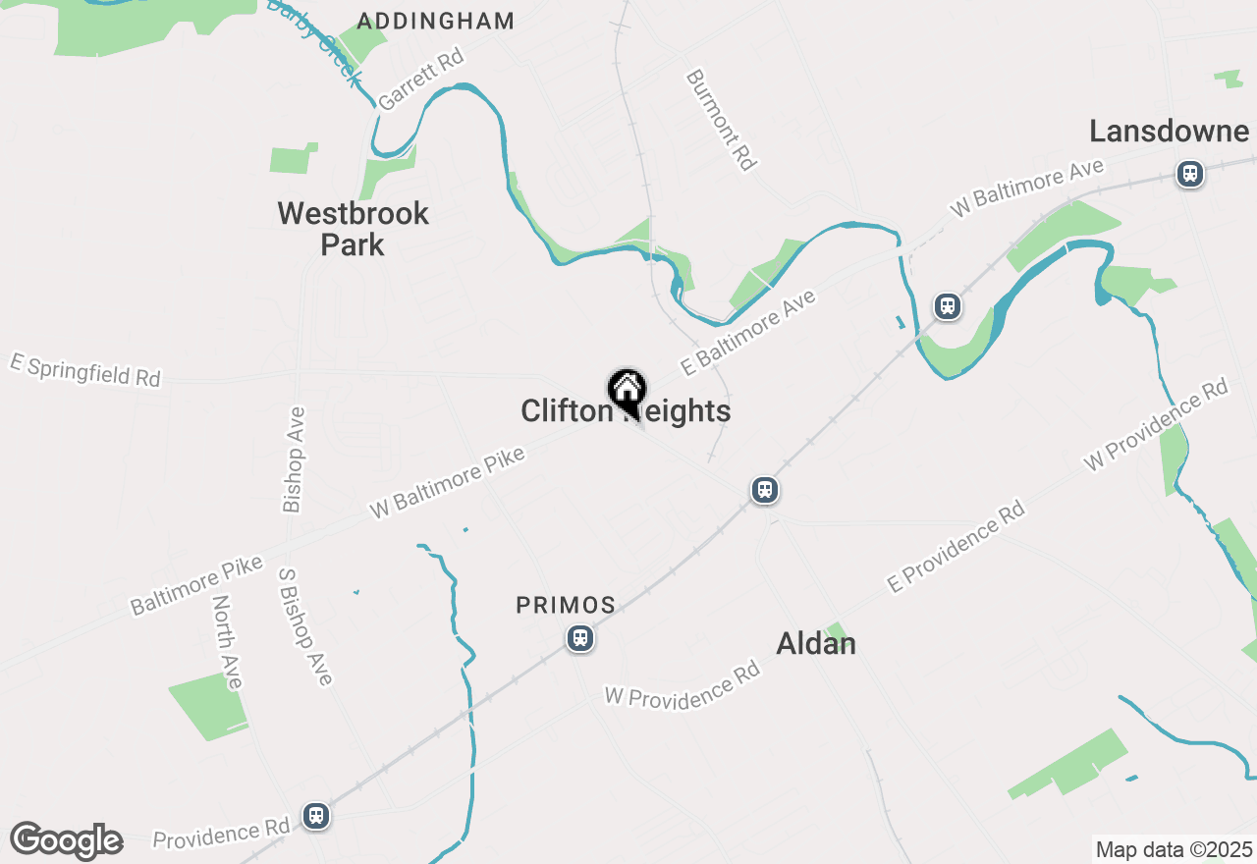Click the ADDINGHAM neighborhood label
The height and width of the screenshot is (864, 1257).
pos(435,21)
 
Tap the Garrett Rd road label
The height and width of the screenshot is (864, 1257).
pos(420,80)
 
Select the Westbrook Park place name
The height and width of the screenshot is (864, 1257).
pos(354,229)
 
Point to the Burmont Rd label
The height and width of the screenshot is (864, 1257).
pos(722,120)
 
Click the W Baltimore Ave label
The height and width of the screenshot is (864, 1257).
pos(1026,189)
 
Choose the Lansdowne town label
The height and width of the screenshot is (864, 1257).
pos(1169,132)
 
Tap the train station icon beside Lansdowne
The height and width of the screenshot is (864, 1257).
pos(1190,175)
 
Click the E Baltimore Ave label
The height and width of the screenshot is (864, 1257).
pos(748,333)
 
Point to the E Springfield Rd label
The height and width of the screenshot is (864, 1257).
pos(85,370)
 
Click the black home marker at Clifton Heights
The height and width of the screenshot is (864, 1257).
pos(627,391)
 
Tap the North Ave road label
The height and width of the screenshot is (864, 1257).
pos(227,642)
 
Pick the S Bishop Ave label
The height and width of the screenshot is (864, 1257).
pos(305,626)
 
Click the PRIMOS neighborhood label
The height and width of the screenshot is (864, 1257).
pos(566,606)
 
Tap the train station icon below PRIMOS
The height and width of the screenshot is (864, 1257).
pos(580,639)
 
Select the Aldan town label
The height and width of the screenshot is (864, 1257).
pos(816,644)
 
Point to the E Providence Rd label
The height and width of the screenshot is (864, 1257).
pos(956,546)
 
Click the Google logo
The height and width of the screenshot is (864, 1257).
pos(66,840)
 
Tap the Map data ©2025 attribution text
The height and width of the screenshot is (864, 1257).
pos(1174,849)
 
